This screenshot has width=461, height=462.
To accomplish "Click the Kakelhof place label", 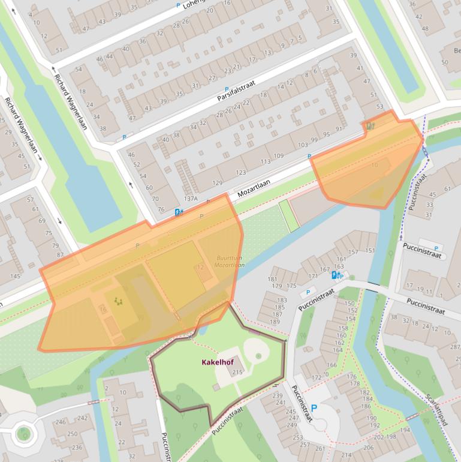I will coord(216,362).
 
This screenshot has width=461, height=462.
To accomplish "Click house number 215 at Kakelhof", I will coord(237,373).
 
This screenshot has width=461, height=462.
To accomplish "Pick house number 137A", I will coord(191,199).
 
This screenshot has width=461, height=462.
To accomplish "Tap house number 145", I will coord(15,277).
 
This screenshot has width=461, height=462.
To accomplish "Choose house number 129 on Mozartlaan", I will coord(217,183).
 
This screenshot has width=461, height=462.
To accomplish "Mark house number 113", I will coord(266,162).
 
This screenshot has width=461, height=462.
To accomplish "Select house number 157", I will coord(353,252).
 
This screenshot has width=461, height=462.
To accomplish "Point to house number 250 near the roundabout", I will coord(72,434).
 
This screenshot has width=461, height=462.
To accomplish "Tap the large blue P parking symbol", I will coord(314,409).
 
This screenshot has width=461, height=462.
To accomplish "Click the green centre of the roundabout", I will coord(24,433).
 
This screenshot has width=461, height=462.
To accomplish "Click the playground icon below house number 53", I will coord(370,125).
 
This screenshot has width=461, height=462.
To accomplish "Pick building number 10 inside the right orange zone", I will coord(375,165).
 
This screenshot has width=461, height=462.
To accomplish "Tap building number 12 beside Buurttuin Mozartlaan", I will coord(201,268).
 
